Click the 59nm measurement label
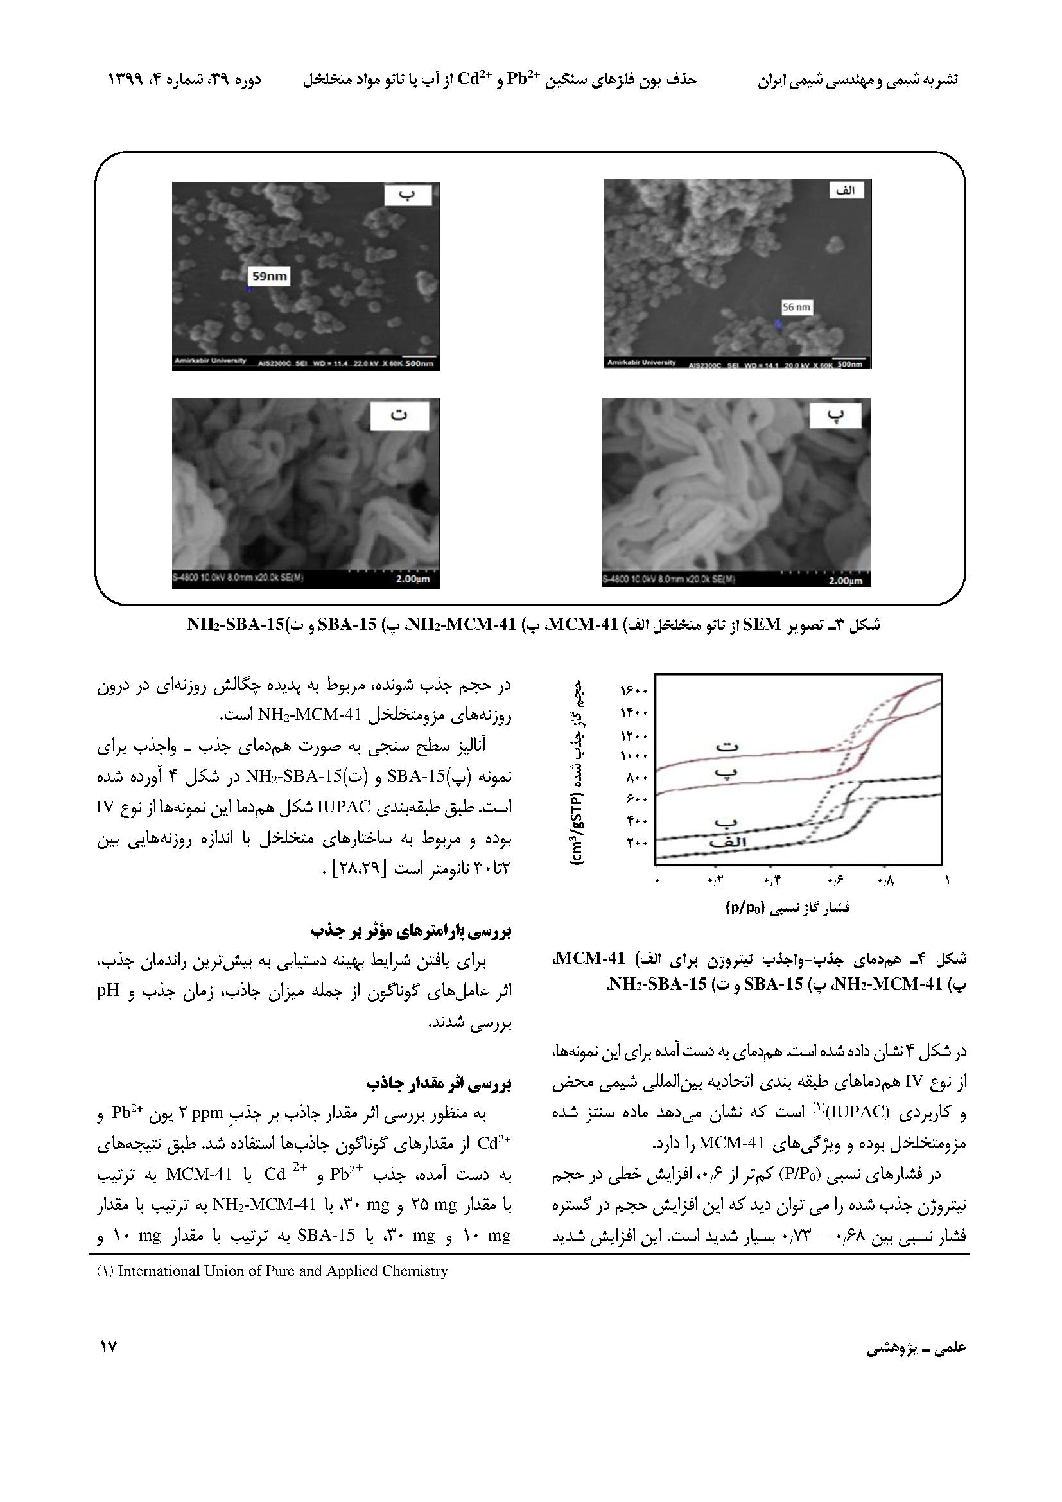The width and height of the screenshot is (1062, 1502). [270, 277]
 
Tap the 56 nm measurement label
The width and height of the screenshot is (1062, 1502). [796, 307]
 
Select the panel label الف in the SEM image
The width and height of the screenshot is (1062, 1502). [846, 190]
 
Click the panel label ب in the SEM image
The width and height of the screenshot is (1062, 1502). [408, 195]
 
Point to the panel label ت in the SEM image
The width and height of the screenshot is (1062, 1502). [399, 416]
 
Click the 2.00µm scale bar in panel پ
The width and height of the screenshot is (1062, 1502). [845, 580]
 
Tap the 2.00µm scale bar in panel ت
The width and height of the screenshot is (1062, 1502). [413, 580]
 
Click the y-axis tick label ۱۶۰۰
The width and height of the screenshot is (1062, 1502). [634, 691]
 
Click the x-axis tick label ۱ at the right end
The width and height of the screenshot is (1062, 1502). [946, 881]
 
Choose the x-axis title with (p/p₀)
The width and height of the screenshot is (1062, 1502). [787, 908]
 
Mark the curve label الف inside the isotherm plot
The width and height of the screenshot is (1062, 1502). [728, 843]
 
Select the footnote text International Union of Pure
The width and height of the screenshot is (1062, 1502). [283, 1271]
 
